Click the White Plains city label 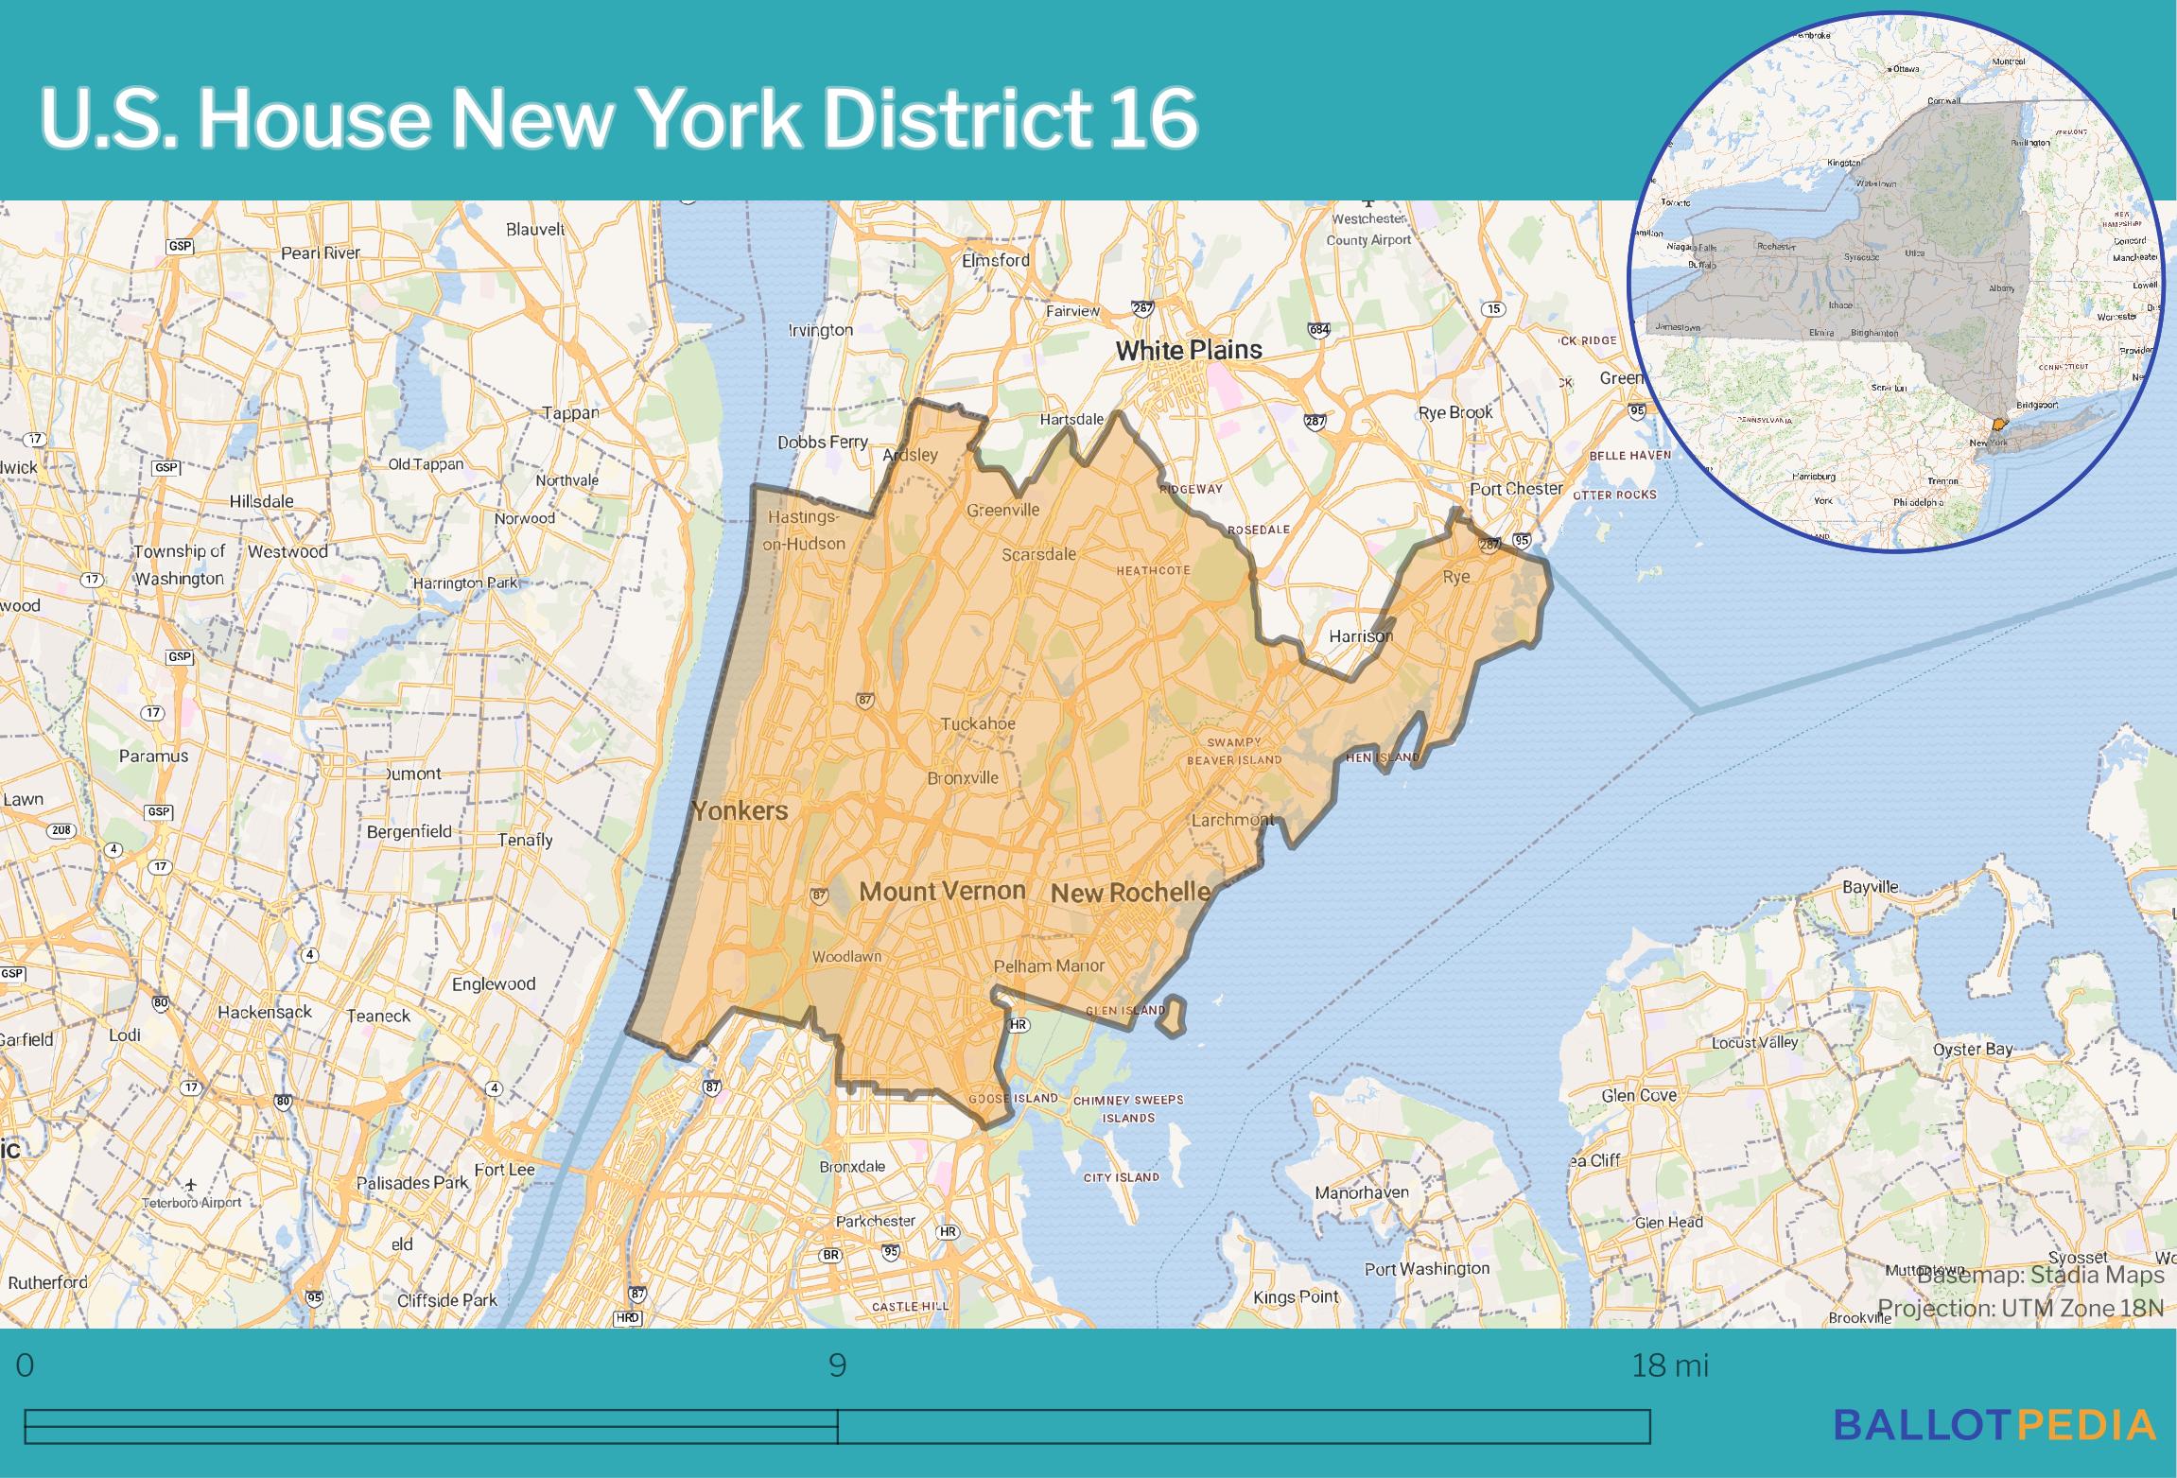[1188, 350]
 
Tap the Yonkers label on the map [739, 810]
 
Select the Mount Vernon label [942, 891]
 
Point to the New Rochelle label [1130, 892]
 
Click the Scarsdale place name [1038, 554]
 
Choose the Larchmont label [1231, 820]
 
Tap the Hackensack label [265, 1012]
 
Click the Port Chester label [1515, 489]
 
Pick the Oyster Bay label [1973, 1049]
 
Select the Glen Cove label [1639, 1095]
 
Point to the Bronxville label [963, 778]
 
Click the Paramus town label [153, 756]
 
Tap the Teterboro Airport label [191, 1203]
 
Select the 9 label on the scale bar [837, 1365]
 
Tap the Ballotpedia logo [1994, 1424]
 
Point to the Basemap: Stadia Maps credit [2041, 1275]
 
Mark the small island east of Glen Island [1174, 1016]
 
